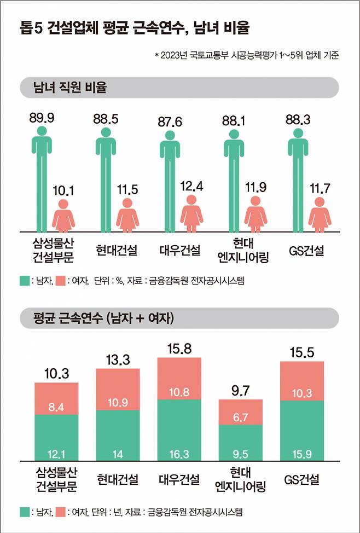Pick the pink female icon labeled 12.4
click(191, 213)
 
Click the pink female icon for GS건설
click(320, 215)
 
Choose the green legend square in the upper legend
click(25, 281)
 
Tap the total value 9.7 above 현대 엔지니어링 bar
click(241, 390)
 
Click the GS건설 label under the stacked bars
click(304, 480)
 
